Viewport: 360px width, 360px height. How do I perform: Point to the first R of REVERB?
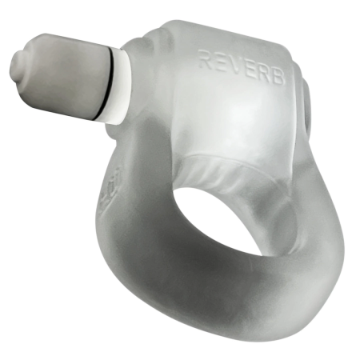coord(204,58)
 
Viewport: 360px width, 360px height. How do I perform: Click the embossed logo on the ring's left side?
coord(107,191)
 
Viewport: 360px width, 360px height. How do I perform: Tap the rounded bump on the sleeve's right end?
coord(308,99)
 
